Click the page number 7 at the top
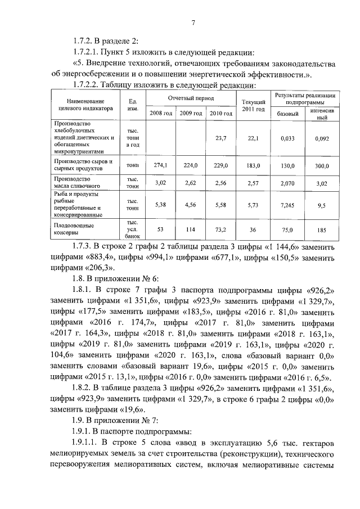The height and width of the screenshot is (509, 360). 193,23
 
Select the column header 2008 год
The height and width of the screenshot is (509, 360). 160,114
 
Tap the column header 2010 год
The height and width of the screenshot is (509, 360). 220,114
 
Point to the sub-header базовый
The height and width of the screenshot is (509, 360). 288,114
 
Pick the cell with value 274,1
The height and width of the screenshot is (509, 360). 161,166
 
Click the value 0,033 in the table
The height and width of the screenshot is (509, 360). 288,138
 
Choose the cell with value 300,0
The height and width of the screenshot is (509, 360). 321,166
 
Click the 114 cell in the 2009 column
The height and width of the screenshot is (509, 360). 191,229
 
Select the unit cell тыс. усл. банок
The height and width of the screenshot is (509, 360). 133,229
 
